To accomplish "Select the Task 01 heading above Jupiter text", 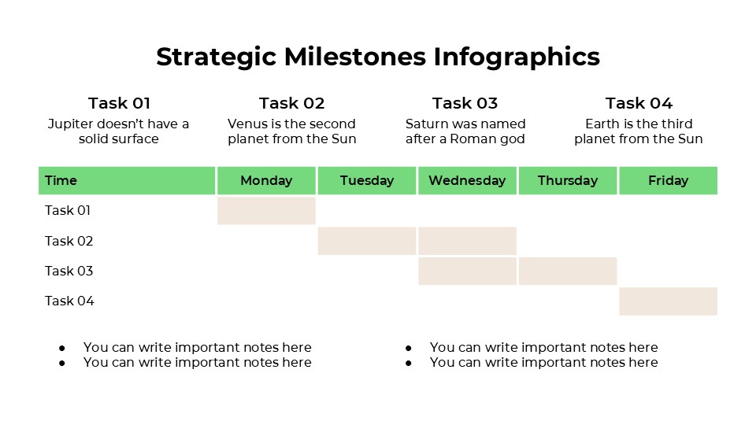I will coord(119,103).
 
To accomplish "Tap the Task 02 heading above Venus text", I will coord(291,103).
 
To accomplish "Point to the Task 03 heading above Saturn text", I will coord(465,103).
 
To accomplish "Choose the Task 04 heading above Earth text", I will coord(639,103).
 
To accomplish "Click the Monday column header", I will coord(266,180).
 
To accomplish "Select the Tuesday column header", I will coord(367,180).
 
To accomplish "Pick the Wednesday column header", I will coord(467,180).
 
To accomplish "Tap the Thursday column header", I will coord(568,180).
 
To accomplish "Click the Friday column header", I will coord(668,180).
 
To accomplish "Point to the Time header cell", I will coord(61,180).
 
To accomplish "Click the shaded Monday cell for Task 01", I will coord(266,211).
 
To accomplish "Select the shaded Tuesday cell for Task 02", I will coord(367,241).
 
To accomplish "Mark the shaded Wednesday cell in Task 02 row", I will coord(467,241).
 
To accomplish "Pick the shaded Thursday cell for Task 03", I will coord(568,271).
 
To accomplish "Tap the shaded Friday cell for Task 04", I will coord(668,301).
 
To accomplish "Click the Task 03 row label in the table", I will coord(69,271).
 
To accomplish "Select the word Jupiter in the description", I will coord(70,124).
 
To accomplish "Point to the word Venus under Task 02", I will coord(246,124).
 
